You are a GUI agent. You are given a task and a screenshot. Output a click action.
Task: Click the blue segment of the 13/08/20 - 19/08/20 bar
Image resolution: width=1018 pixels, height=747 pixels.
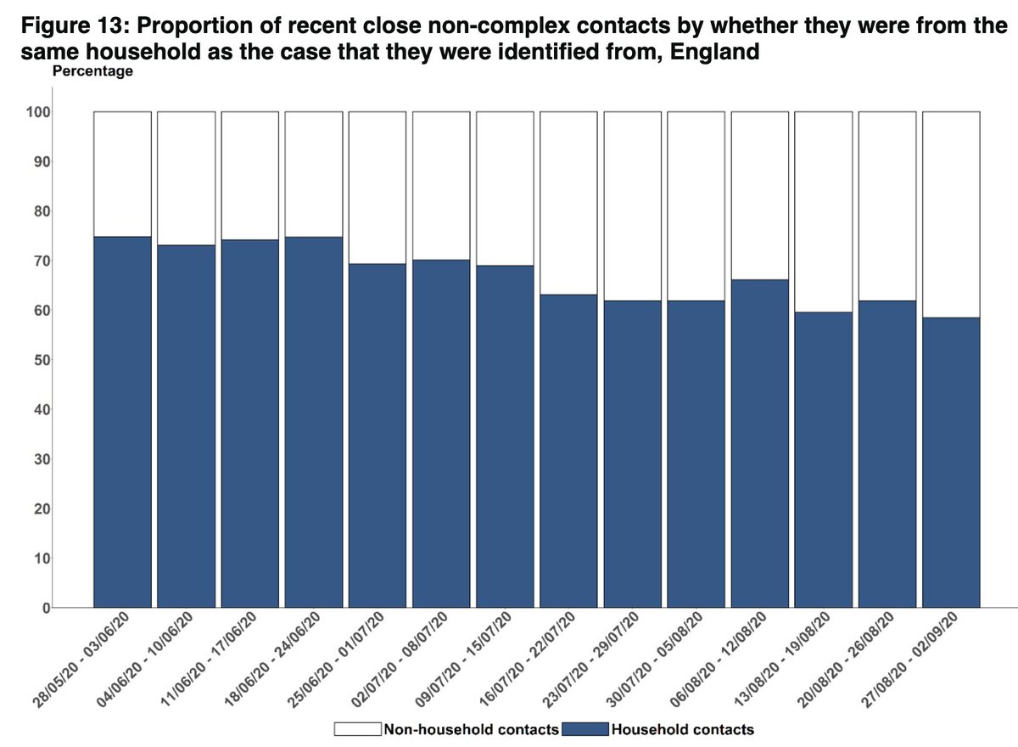[824, 459]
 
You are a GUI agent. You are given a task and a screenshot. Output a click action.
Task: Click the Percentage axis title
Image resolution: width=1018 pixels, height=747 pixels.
[92, 72]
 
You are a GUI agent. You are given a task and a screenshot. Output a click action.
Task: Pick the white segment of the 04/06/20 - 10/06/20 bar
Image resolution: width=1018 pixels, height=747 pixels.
[186, 178]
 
